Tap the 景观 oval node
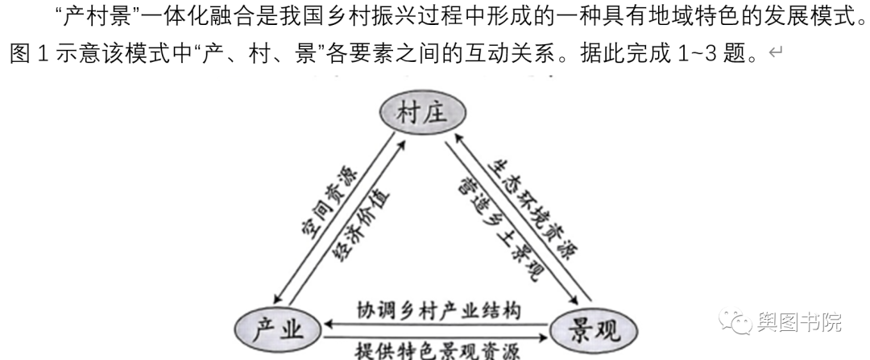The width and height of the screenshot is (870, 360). click(593, 329)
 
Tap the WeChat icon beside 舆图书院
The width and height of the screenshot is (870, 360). click(736, 322)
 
